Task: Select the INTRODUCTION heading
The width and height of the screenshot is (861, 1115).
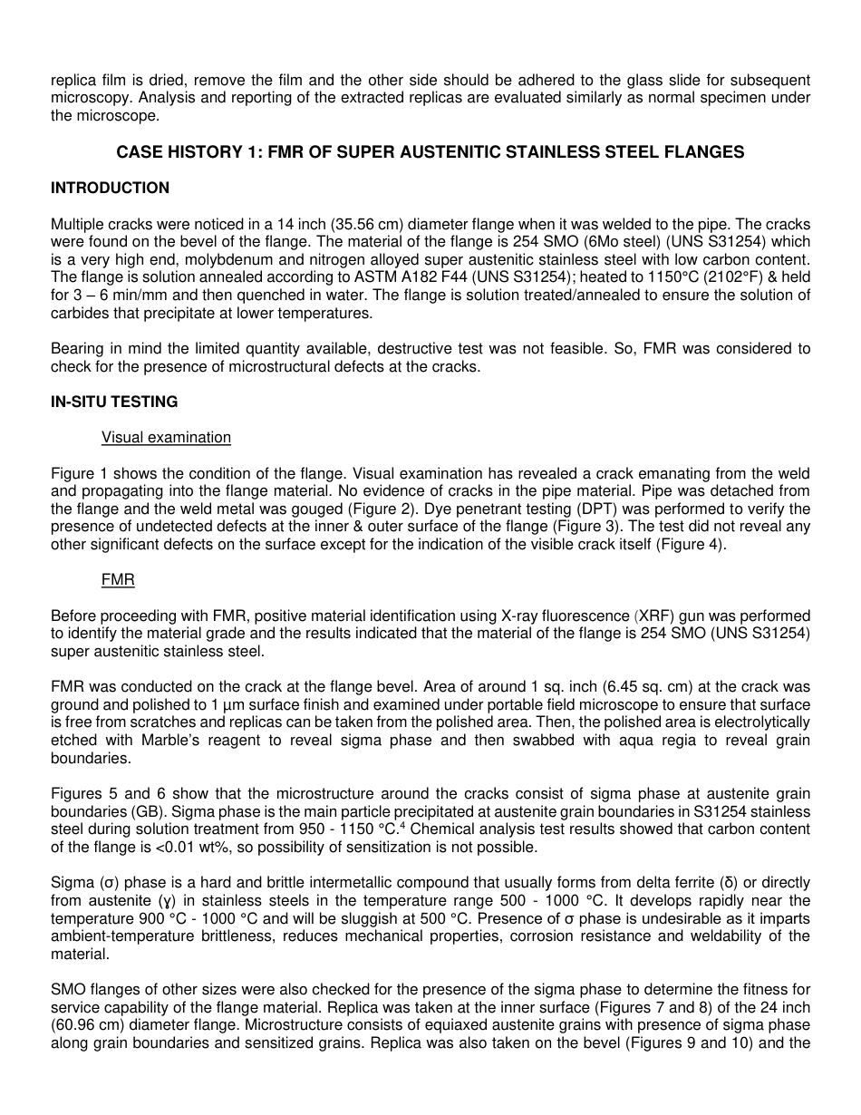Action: click(110, 188)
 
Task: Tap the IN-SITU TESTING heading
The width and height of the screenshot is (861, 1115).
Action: click(114, 402)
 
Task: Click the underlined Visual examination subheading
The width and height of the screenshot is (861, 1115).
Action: click(166, 437)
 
